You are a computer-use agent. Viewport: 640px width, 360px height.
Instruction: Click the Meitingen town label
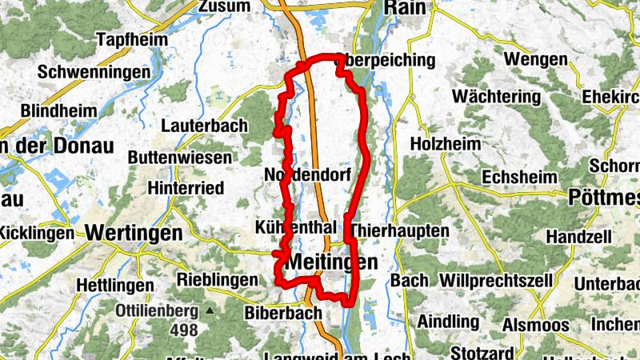(x=330, y=262)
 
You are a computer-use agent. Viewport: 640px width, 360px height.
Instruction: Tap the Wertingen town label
(x=133, y=233)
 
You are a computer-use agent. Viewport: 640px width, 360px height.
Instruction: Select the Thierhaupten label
(x=399, y=230)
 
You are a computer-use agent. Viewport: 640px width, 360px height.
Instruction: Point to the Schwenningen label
(x=94, y=72)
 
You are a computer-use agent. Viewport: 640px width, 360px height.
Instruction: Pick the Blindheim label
(x=60, y=110)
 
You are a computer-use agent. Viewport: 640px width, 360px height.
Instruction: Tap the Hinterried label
(x=186, y=188)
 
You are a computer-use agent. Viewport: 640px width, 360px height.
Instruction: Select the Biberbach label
(x=283, y=313)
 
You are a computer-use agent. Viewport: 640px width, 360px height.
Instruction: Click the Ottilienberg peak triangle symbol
(x=210, y=310)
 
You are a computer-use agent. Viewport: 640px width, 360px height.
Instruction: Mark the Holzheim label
(x=446, y=144)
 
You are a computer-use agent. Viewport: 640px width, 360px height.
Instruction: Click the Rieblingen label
(x=217, y=280)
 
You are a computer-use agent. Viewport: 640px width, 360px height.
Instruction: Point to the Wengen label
(x=536, y=59)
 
